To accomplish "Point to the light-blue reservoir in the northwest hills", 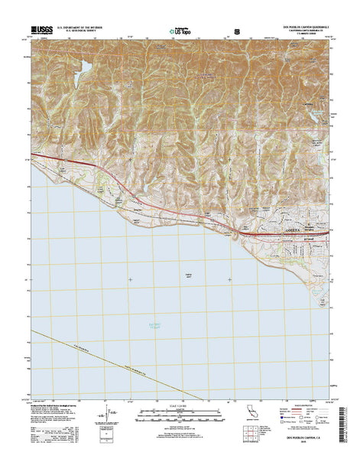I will [x=84, y=70].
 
